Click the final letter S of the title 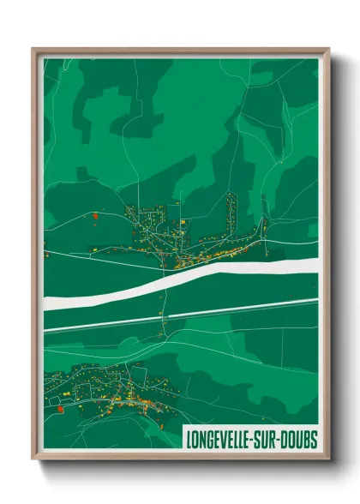315,440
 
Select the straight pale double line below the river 171,315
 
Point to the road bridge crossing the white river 162,283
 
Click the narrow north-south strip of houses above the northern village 231,211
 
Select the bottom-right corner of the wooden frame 328,458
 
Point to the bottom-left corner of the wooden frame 33,458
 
